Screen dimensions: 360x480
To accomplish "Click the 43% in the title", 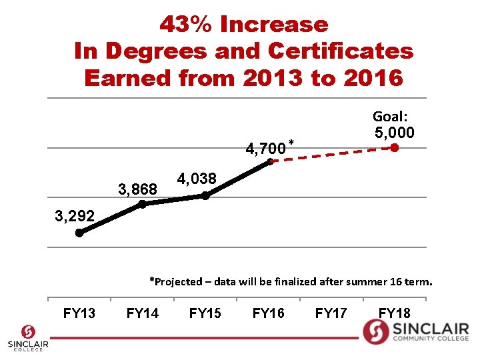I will (186, 25).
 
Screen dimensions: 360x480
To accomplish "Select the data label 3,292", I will (75, 216).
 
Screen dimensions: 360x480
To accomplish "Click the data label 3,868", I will (137, 190).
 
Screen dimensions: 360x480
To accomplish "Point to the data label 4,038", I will (197, 179).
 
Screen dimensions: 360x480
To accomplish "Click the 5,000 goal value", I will (395, 132).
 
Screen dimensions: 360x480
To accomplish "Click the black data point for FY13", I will (79, 233).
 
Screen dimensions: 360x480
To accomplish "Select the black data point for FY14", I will (143, 205).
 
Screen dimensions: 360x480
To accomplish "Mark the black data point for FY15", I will (205, 195).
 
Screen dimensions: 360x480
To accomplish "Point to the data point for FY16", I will (269, 161).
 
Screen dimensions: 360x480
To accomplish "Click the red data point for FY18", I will (395, 148).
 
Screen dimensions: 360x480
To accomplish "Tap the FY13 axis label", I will (79, 313).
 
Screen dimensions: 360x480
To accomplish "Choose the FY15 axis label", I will (205, 313).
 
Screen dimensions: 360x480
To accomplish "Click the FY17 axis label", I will (331, 313).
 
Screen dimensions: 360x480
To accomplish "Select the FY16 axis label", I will (269, 313).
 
